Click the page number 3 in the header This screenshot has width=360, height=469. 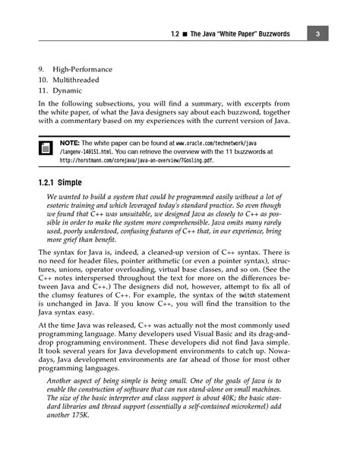[320, 34]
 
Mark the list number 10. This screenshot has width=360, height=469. [43, 80]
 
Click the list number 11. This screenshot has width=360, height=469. [43, 90]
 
